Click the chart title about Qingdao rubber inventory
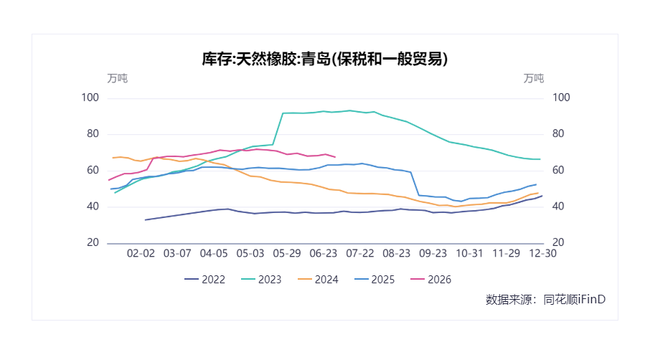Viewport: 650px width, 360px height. pyautogui.click(x=324, y=59)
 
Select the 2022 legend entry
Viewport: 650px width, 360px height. pyautogui.click(x=204, y=280)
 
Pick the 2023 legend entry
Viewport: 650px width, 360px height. pyautogui.click(x=261, y=280)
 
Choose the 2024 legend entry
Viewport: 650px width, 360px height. pyautogui.click(x=318, y=280)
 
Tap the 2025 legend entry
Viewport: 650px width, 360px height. pyautogui.click(x=375, y=280)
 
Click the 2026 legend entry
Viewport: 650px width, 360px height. pyautogui.click(x=430, y=280)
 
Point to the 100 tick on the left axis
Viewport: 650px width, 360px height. pyautogui.click(x=90, y=98)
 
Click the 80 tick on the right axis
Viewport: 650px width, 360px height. pyautogui.click(x=558, y=133)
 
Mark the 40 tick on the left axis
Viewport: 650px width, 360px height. pyautogui.click(x=93, y=206)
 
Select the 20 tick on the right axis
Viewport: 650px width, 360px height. pyautogui.click(x=558, y=242)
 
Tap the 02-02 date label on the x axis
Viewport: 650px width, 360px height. pyautogui.click(x=141, y=254)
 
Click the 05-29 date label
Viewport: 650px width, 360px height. pyautogui.click(x=286, y=254)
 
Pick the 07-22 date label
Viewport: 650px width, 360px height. pyautogui.click(x=360, y=254)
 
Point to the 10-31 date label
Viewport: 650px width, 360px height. pyautogui.click(x=469, y=254)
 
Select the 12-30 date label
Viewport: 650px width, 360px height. pyautogui.click(x=542, y=254)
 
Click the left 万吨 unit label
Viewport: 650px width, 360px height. pyautogui.click(x=118, y=78)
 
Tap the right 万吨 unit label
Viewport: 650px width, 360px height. pyautogui.click(x=534, y=78)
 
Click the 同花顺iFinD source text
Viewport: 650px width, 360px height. pyautogui.click(x=575, y=299)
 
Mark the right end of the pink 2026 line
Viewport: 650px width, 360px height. pyautogui.click(x=335, y=157)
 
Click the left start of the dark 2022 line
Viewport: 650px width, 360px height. pyautogui.click(x=145, y=219)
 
